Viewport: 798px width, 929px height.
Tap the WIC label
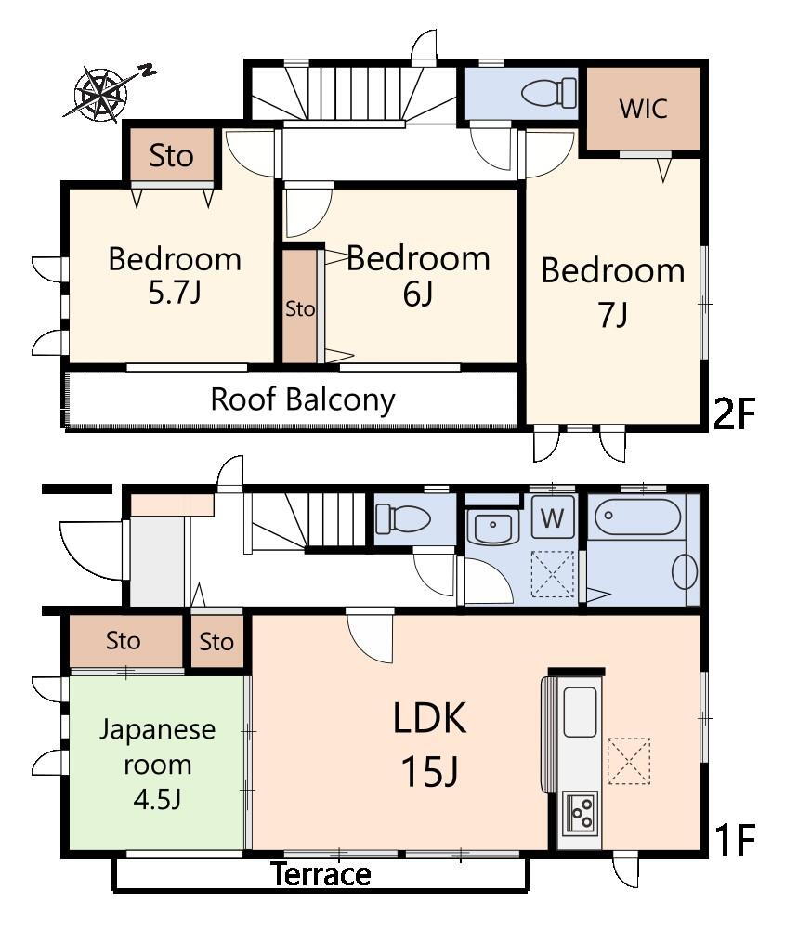click(644, 109)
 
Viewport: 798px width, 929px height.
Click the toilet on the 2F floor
click(549, 92)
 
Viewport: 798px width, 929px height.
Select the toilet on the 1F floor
click(403, 518)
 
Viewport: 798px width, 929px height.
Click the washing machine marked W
click(553, 517)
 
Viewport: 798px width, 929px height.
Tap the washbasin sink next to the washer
click(493, 526)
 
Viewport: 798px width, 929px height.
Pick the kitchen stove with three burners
click(580, 812)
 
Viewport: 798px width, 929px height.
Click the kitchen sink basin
click(580, 712)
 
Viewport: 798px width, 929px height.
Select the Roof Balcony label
click(303, 399)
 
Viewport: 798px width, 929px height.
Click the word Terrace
click(321, 874)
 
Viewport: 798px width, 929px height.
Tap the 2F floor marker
click(735, 413)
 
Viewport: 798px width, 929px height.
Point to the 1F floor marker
click(735, 840)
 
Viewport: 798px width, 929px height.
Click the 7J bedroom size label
click(613, 314)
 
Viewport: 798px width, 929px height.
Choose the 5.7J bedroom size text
click(175, 292)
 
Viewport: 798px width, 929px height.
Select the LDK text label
click(429, 717)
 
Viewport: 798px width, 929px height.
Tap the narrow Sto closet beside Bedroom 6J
click(300, 306)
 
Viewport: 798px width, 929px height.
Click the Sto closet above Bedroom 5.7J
click(171, 154)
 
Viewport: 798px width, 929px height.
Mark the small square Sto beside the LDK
click(216, 641)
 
